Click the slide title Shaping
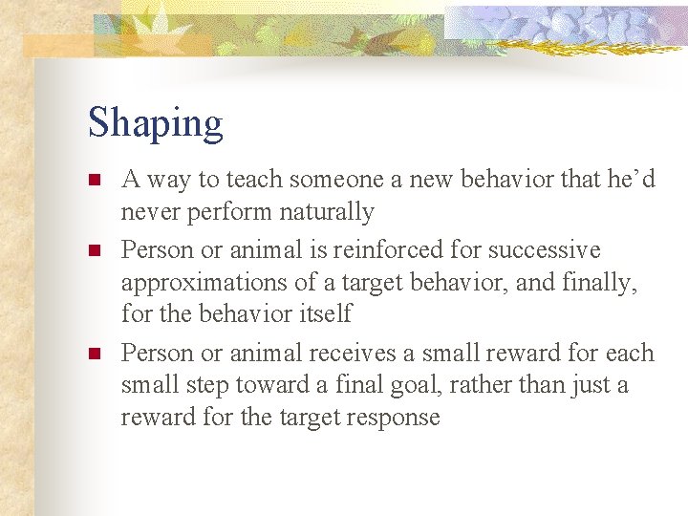tap(155, 124)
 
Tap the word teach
tap(257, 179)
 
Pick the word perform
tap(227, 211)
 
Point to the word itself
tap(325, 313)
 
